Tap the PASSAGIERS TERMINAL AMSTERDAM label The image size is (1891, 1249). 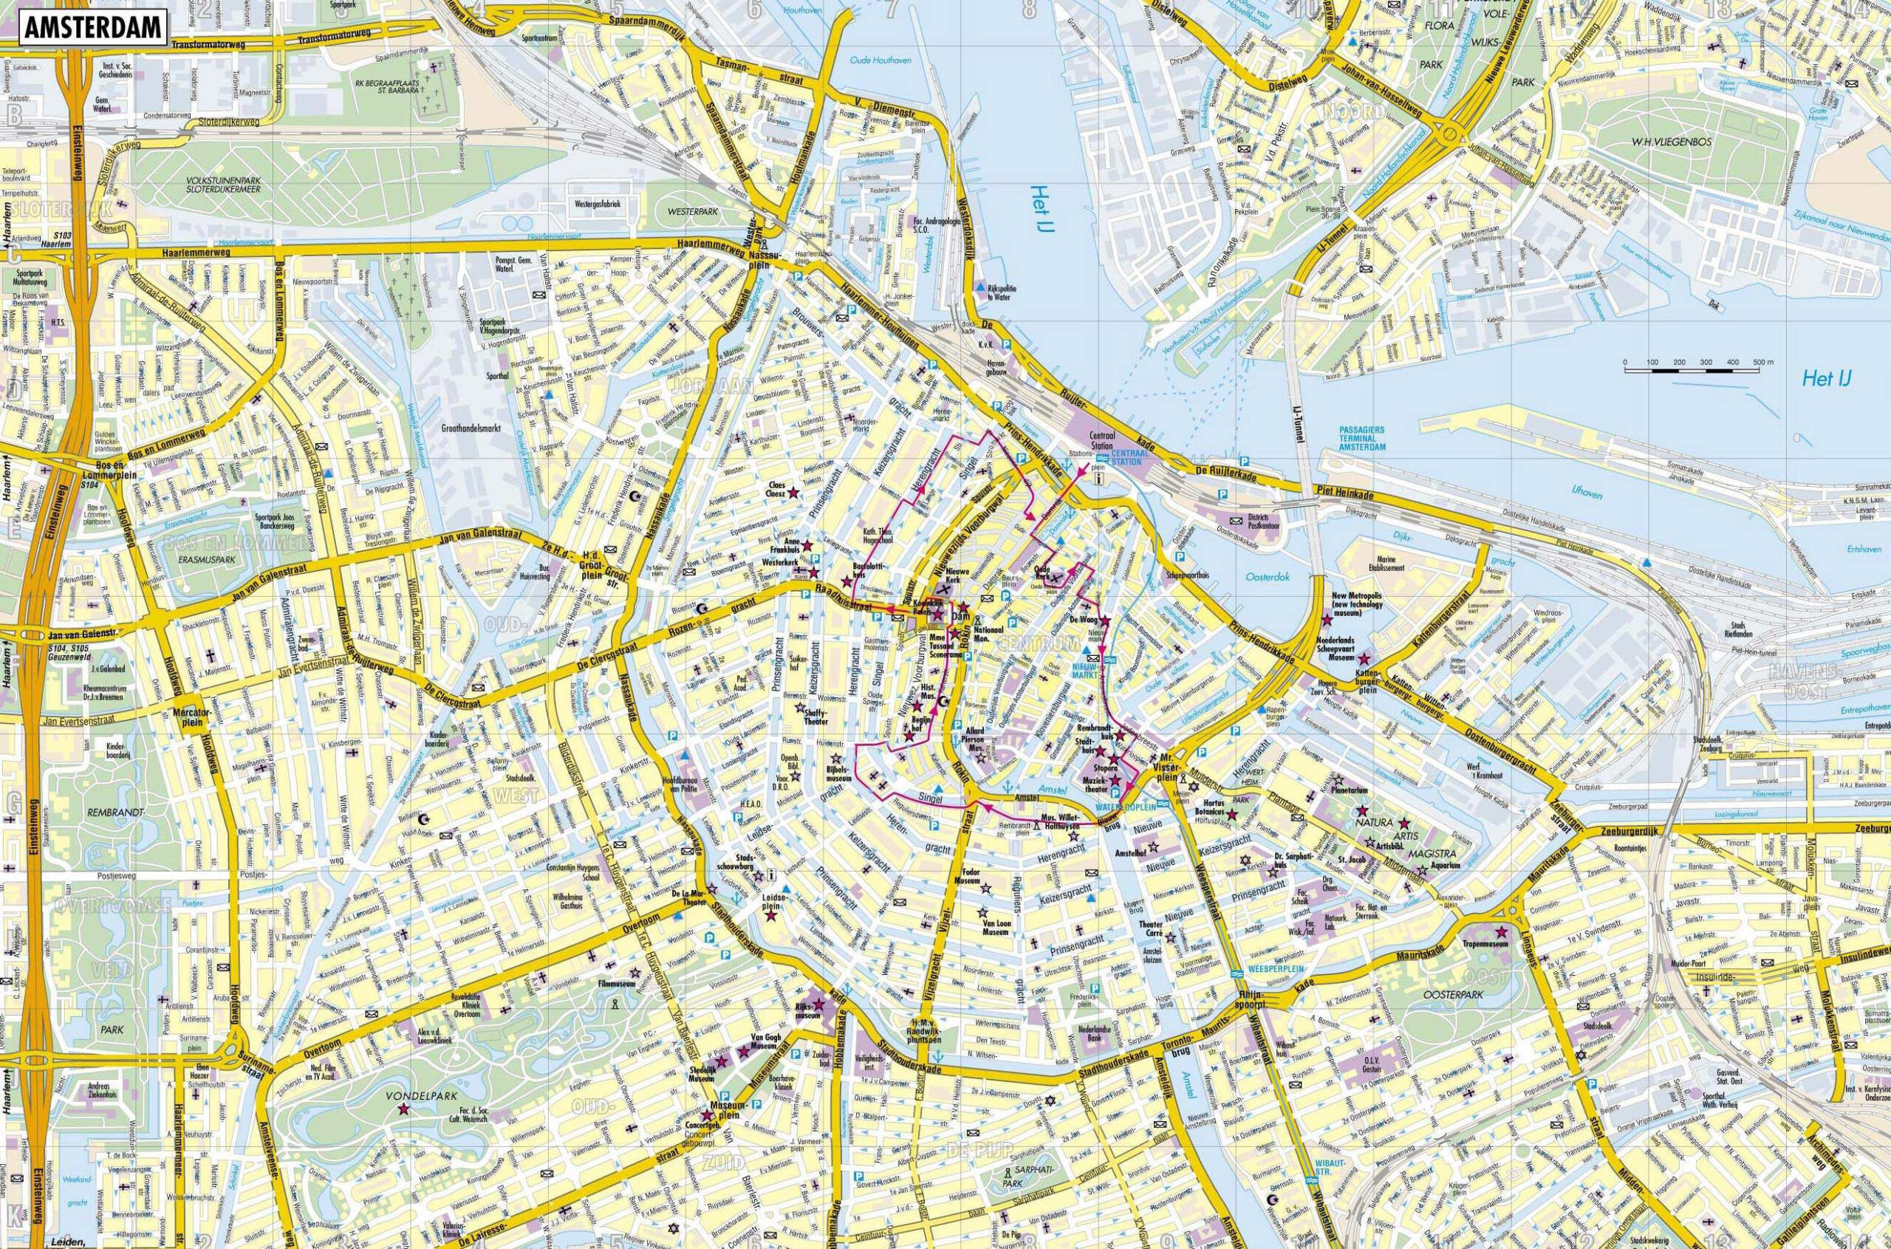[1361, 439]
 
